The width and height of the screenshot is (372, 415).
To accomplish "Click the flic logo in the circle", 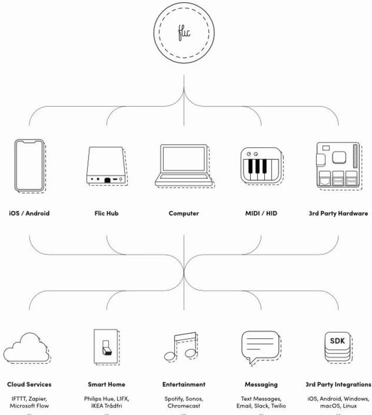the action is pos(184,33).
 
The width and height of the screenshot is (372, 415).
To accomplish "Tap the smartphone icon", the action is pos(30,166).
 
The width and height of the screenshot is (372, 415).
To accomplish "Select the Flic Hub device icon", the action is pos(107,166).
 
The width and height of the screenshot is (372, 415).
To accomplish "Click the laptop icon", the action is pos(184,166).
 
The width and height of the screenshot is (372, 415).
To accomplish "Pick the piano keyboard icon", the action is pos(262,166).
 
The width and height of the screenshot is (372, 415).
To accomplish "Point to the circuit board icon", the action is pos(339,166).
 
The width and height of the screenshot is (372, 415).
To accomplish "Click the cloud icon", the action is pos(27,348).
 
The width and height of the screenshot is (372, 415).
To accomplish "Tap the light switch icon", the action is pos(107,347).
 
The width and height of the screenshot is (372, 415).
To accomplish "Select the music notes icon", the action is pos(181,347).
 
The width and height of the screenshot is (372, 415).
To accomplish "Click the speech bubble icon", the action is pos(261,348).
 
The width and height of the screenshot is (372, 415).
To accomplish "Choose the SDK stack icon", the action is pos(338,348).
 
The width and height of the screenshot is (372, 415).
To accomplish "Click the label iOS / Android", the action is pos(29,213).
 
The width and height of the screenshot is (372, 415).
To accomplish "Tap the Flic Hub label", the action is pos(107,213).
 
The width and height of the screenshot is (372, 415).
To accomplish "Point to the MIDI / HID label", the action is pos(261,213).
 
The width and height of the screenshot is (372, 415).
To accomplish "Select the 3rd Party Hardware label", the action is pos(338,213).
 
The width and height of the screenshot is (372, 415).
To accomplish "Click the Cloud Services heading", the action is pos(30,384).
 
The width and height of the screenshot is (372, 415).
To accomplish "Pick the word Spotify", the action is pos(174,399).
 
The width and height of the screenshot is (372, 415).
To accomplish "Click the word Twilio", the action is pos(278,406).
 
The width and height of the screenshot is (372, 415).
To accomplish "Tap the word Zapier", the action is pos(37,399).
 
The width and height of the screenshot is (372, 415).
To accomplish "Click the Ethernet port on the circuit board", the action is pos(324,181).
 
